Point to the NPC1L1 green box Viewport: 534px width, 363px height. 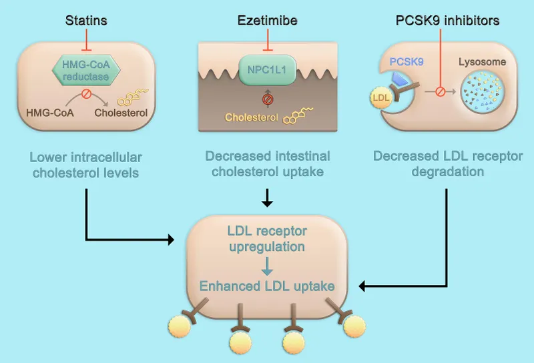coord(267,69)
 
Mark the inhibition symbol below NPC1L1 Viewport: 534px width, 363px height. coord(268,99)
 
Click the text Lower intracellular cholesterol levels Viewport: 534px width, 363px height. coord(87,166)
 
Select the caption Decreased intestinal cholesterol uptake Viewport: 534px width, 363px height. coord(267,165)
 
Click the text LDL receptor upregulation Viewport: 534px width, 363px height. coord(266,239)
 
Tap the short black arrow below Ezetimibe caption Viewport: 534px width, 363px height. coord(267,198)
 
